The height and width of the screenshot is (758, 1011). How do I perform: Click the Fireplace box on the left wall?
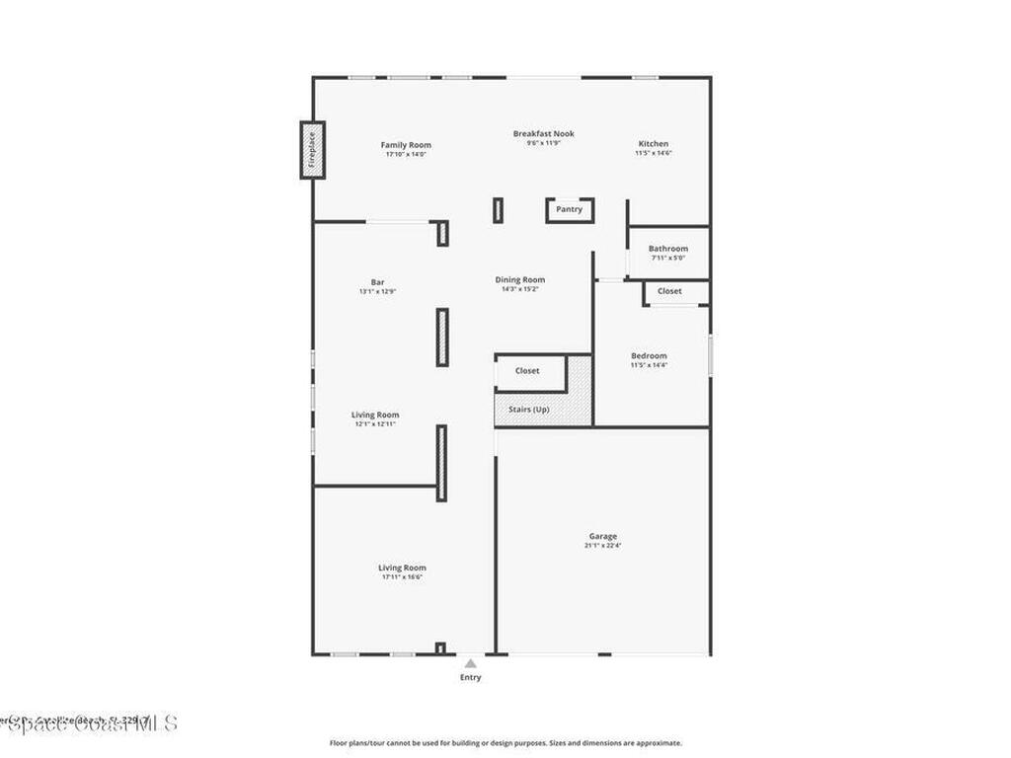[x=313, y=150]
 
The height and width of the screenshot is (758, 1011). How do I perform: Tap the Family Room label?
[x=406, y=145]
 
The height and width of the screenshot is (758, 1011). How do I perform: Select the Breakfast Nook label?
[x=543, y=133]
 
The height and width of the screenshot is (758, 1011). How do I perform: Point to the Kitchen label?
[x=653, y=144]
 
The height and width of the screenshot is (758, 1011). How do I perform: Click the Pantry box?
[x=570, y=209]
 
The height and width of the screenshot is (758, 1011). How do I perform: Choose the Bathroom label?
[x=668, y=249]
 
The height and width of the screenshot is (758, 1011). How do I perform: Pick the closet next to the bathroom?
[x=669, y=291]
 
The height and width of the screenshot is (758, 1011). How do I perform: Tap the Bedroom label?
[x=649, y=355]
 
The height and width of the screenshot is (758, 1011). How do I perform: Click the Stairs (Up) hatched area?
[x=529, y=410]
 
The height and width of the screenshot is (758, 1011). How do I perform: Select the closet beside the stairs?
[x=527, y=371]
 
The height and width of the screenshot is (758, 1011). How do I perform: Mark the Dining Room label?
[x=520, y=280]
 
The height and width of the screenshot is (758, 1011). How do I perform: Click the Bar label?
[x=377, y=282]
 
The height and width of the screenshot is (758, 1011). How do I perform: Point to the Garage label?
[x=602, y=535]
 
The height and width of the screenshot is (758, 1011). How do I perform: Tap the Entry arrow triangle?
[x=471, y=663]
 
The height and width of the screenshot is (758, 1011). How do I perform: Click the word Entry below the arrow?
[x=471, y=677]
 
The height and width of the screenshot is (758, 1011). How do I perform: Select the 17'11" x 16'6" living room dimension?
[x=402, y=577]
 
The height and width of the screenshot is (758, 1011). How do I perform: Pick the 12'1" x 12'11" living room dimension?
[x=375, y=424]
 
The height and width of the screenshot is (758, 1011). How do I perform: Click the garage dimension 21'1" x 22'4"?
[x=602, y=545]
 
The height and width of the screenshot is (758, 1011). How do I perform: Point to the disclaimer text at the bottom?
[x=505, y=743]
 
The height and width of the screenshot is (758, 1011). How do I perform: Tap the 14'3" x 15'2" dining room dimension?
[x=520, y=290]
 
